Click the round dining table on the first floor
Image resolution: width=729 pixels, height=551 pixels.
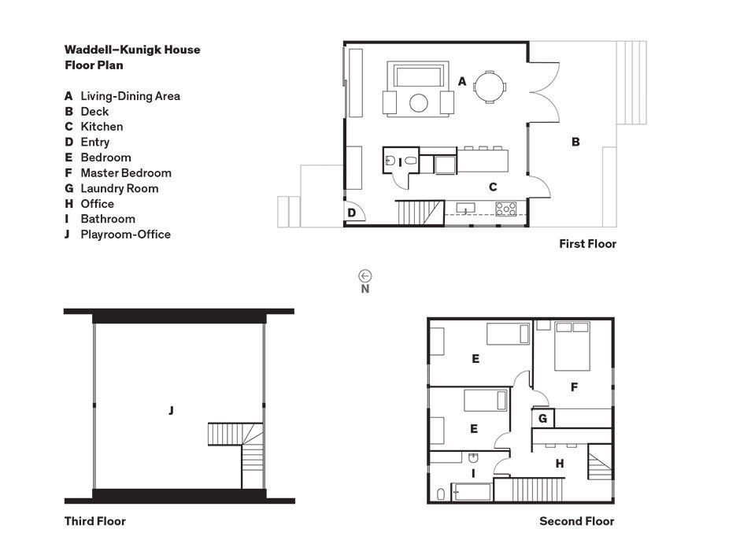pos(490,87)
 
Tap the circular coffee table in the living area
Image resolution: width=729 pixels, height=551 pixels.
pos(419,103)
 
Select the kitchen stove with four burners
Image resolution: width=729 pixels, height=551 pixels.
pos(505,209)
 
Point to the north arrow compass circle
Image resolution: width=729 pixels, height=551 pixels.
pos(365,275)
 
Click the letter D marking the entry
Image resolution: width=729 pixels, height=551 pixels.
pos(351,213)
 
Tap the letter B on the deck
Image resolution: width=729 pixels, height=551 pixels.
pos(575,142)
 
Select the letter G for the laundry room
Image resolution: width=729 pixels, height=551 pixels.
pos(542,419)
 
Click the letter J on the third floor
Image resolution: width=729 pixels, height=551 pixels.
pos(171,410)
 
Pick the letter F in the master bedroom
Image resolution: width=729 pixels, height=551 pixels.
pos(574,386)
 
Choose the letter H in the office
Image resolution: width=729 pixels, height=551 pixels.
pos(560,464)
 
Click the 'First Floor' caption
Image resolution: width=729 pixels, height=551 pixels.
pos(587,244)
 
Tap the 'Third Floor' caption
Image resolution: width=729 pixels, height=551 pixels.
pos(94,521)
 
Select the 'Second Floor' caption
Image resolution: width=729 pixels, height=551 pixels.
pos(576,521)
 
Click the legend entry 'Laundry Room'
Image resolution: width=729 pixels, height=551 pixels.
pos(120,188)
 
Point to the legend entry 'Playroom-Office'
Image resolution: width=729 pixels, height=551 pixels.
pos(125,235)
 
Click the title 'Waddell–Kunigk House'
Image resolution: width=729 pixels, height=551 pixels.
pos(132,50)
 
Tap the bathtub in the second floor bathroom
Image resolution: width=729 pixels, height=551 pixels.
pos(472,492)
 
